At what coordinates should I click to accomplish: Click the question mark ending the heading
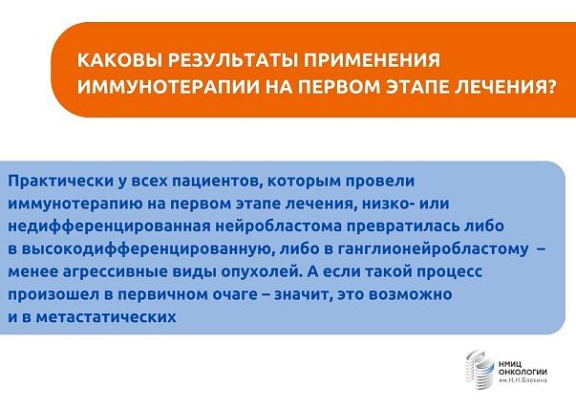click(550, 87)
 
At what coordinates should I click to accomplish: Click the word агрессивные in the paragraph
click(115, 272)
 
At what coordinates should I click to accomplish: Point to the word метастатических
click(106, 316)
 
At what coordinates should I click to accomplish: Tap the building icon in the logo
click(480, 369)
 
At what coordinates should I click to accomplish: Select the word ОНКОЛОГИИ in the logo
click(523, 372)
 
